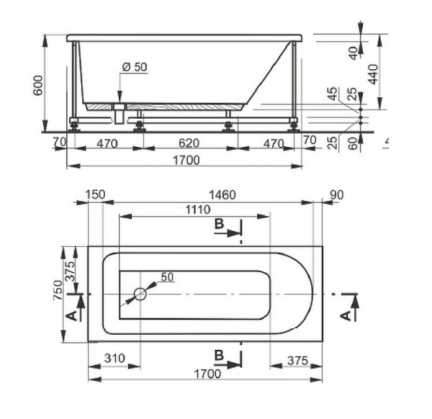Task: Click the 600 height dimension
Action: click(x=38, y=86)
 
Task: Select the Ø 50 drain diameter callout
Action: click(x=135, y=67)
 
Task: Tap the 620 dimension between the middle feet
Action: click(x=189, y=143)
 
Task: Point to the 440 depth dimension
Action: click(x=373, y=74)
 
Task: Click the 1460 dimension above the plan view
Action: click(x=222, y=195)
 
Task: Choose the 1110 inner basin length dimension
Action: click(x=198, y=210)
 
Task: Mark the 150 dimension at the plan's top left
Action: click(x=95, y=195)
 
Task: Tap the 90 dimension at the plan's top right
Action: click(x=337, y=195)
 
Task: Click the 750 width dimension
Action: click(x=58, y=290)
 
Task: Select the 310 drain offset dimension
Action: click(x=114, y=359)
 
